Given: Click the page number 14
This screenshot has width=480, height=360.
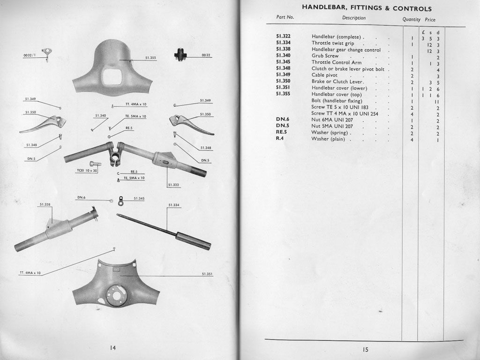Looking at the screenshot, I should coord(112,347).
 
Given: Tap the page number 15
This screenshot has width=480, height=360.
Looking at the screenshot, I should coord(366,349).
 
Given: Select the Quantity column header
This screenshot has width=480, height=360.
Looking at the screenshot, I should coord(411,19).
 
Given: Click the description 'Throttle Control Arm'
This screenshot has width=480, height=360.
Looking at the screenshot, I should coord(337,62).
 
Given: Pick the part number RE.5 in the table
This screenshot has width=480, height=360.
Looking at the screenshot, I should coord(282,132).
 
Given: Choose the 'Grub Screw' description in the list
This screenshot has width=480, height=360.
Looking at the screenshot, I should coord(325,56).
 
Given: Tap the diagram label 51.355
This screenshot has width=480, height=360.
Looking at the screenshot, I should coord(150,58).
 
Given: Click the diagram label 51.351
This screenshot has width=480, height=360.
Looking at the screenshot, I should coord(207,273).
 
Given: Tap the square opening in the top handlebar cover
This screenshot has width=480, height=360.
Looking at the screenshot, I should coord(112,76).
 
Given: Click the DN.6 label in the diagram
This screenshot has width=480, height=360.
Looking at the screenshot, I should coord(81,197).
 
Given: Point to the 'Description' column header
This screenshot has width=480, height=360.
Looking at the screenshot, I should coord(354,18).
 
